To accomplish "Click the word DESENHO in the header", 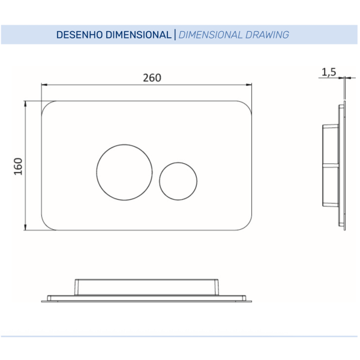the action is (79, 35).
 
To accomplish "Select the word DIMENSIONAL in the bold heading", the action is (139, 35).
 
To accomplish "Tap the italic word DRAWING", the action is (267, 35).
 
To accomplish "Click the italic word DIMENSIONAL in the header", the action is (211, 35).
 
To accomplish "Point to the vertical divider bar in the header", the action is (175, 35).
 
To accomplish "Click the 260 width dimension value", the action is (152, 78).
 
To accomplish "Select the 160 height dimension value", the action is (19, 166).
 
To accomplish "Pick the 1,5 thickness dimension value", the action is (329, 72).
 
